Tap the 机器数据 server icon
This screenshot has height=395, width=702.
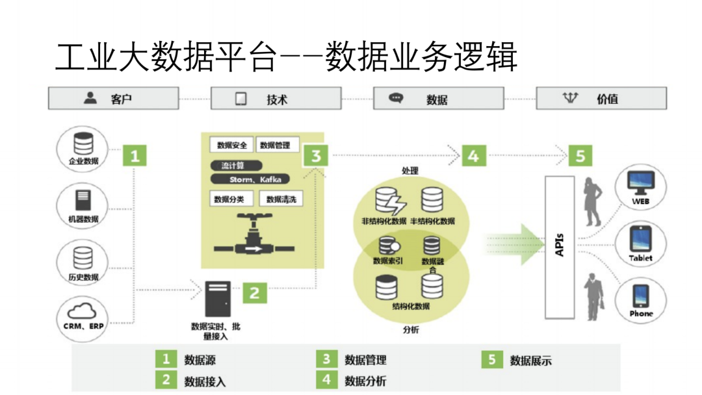[x=83, y=200]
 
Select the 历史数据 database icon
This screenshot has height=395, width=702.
[x=83, y=258]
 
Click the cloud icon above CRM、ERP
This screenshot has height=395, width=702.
[x=83, y=311]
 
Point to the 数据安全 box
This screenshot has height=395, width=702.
[x=231, y=145]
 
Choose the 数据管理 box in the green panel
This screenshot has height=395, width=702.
[x=275, y=145]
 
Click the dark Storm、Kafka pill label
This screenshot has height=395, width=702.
[x=250, y=179]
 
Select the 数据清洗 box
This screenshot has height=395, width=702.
[x=281, y=199]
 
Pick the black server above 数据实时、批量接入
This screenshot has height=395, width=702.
[x=218, y=299]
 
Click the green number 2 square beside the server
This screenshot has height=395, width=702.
[x=254, y=293]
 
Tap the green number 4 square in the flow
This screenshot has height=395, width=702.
[x=473, y=157]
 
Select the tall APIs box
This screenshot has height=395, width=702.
[x=559, y=247]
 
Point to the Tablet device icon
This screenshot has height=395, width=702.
[x=640, y=238]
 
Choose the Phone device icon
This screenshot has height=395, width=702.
[x=641, y=296]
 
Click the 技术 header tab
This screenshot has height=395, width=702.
[x=276, y=99]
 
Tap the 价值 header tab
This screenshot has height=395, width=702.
[x=601, y=99]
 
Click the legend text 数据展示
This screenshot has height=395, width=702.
[x=530, y=361]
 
